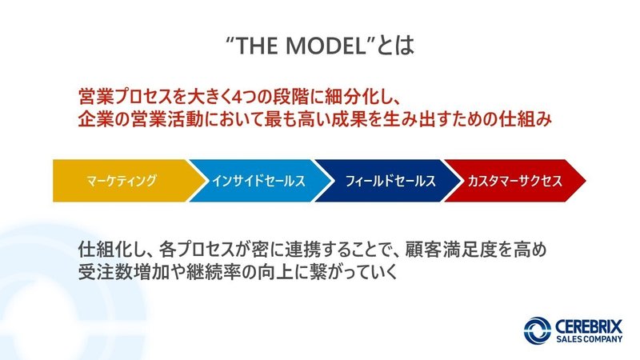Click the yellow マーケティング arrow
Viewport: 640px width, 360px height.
coord(122,181)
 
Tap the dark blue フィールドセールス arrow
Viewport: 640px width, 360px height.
coord(388,181)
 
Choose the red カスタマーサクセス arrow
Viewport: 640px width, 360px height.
coord(515,181)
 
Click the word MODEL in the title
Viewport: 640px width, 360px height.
coord(326,46)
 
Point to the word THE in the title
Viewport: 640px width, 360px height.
coord(257,46)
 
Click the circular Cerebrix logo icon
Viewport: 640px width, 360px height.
coord(538,330)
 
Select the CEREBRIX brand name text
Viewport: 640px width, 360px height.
coord(589,326)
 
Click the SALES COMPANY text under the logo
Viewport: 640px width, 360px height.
coord(589,339)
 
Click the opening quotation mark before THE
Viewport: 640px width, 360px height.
coord(230,39)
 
